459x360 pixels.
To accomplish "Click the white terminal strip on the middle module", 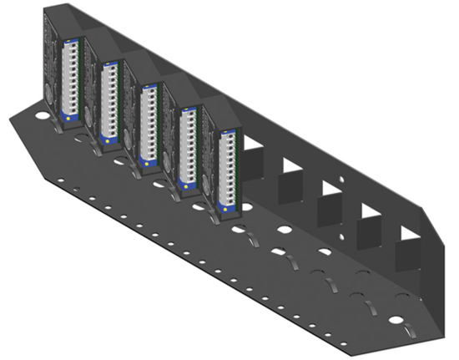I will point(149,117).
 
